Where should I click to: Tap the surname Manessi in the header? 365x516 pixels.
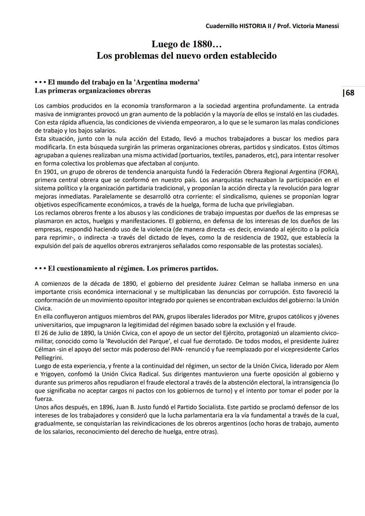[326, 26]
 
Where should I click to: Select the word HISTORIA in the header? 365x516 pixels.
[253, 26]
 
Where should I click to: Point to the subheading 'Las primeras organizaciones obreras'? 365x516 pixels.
[93, 91]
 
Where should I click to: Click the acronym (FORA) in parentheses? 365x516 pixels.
[328, 172]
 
